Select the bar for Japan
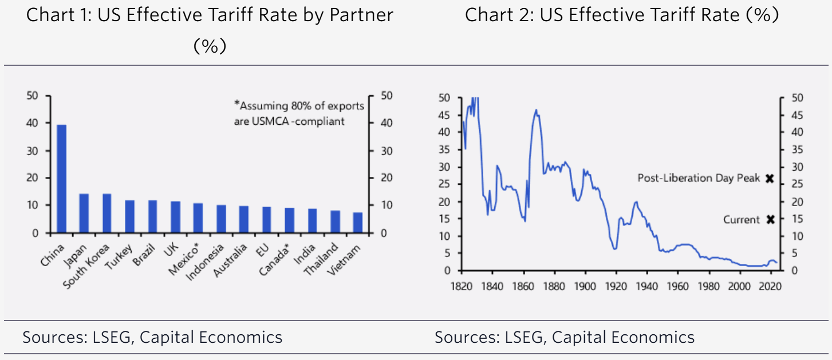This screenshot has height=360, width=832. pyautogui.click(x=84, y=213)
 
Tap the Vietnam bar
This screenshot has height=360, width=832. pyautogui.click(x=358, y=223)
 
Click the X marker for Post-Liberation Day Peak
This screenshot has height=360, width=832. pyautogui.click(x=770, y=179)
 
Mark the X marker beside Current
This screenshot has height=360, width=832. pyautogui.click(x=770, y=219)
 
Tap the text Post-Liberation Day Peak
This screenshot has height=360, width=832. pyautogui.click(x=699, y=179)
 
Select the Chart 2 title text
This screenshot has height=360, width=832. pyautogui.click(x=622, y=15)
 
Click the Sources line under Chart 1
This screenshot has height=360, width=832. pyautogui.click(x=152, y=337)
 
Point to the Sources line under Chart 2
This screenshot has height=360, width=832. pyautogui.click(x=565, y=337)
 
